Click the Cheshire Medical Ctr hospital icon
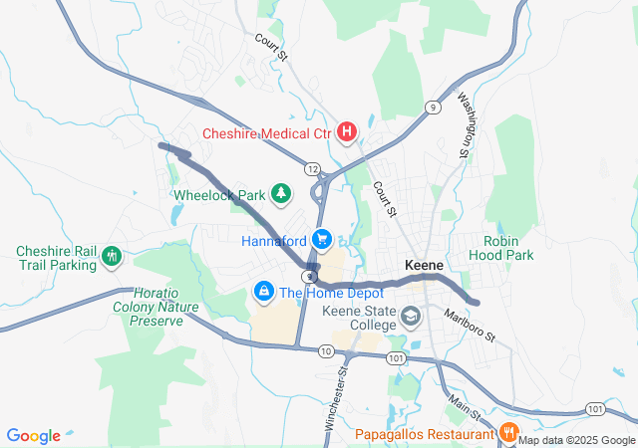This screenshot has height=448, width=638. [x=347, y=131]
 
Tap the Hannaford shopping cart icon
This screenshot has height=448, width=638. [x=321, y=240]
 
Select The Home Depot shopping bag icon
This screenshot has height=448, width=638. [x=264, y=292]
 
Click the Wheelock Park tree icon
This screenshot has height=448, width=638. [x=282, y=194]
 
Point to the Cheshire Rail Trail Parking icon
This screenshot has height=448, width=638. [x=112, y=258]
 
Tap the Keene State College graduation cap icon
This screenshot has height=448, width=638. [x=409, y=318]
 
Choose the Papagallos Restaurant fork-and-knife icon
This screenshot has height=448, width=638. [x=508, y=433]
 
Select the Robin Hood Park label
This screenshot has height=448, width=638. [x=508, y=248]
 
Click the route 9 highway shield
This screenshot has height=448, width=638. [x=432, y=107]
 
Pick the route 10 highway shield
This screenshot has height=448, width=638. [x=326, y=351]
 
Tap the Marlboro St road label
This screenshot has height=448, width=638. [x=470, y=330]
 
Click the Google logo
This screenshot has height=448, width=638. [x=33, y=436]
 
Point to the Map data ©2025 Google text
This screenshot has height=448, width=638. [x=576, y=441]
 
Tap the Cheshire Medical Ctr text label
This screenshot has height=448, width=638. [x=267, y=132]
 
